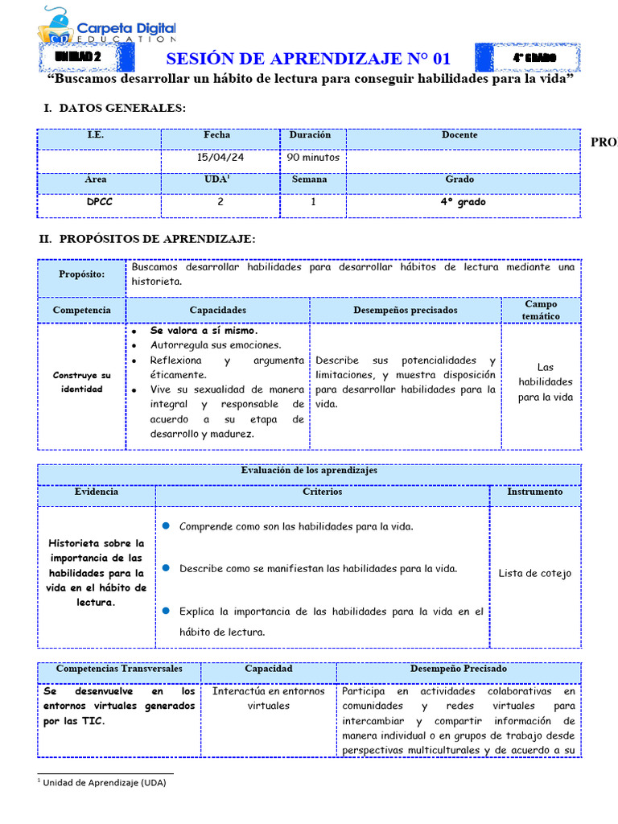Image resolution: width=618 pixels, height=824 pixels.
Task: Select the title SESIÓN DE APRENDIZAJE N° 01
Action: pos(308,60)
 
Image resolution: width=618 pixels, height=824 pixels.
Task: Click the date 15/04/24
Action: pos(220,158)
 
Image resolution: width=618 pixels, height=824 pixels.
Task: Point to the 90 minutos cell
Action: pos(313,158)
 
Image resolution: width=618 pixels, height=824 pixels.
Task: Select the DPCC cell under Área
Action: pos(99,203)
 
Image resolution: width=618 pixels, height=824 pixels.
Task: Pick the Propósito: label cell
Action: pos(82,274)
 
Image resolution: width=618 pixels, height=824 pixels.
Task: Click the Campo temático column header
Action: pos(540,310)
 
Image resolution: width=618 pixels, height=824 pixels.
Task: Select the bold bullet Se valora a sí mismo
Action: pos(204,331)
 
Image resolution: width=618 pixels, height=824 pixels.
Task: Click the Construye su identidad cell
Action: pos(82,382)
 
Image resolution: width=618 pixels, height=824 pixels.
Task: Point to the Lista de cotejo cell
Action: pos(534,574)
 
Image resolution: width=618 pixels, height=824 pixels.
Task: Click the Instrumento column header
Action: pos(534,492)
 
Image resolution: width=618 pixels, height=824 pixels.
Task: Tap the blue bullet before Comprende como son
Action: pos(166,525)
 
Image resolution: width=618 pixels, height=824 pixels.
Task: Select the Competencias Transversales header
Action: pos(119,669)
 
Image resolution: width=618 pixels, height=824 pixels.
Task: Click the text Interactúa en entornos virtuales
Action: pos(268,698)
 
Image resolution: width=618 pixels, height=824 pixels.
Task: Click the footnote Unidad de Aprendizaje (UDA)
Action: pos(104,782)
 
